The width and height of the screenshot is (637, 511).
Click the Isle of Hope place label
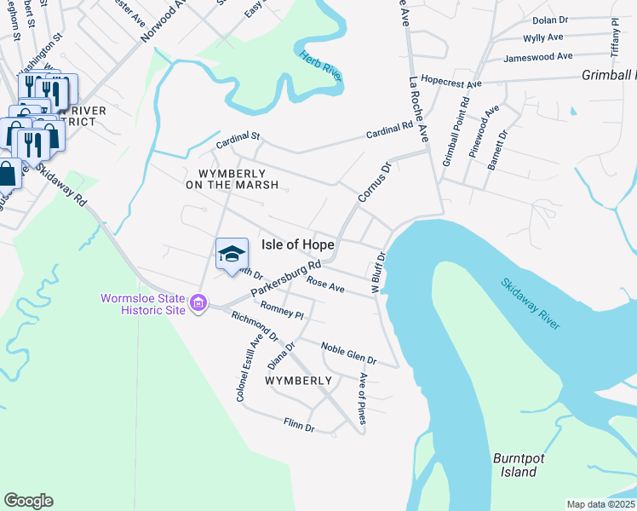pos(296,244)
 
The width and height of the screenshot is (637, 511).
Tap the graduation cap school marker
pos(232,255)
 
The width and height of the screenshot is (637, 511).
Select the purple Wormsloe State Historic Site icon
pos(198,303)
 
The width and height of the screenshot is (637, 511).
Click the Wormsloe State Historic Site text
pos(143,303)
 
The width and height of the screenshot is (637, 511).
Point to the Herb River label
pos(320,66)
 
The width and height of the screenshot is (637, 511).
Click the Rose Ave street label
pos(325,285)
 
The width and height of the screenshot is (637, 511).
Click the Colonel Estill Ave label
pos(245,369)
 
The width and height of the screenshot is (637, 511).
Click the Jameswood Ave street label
pos(537,57)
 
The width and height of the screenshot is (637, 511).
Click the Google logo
pos(28,500)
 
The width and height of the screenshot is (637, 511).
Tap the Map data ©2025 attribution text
pos(600,504)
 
